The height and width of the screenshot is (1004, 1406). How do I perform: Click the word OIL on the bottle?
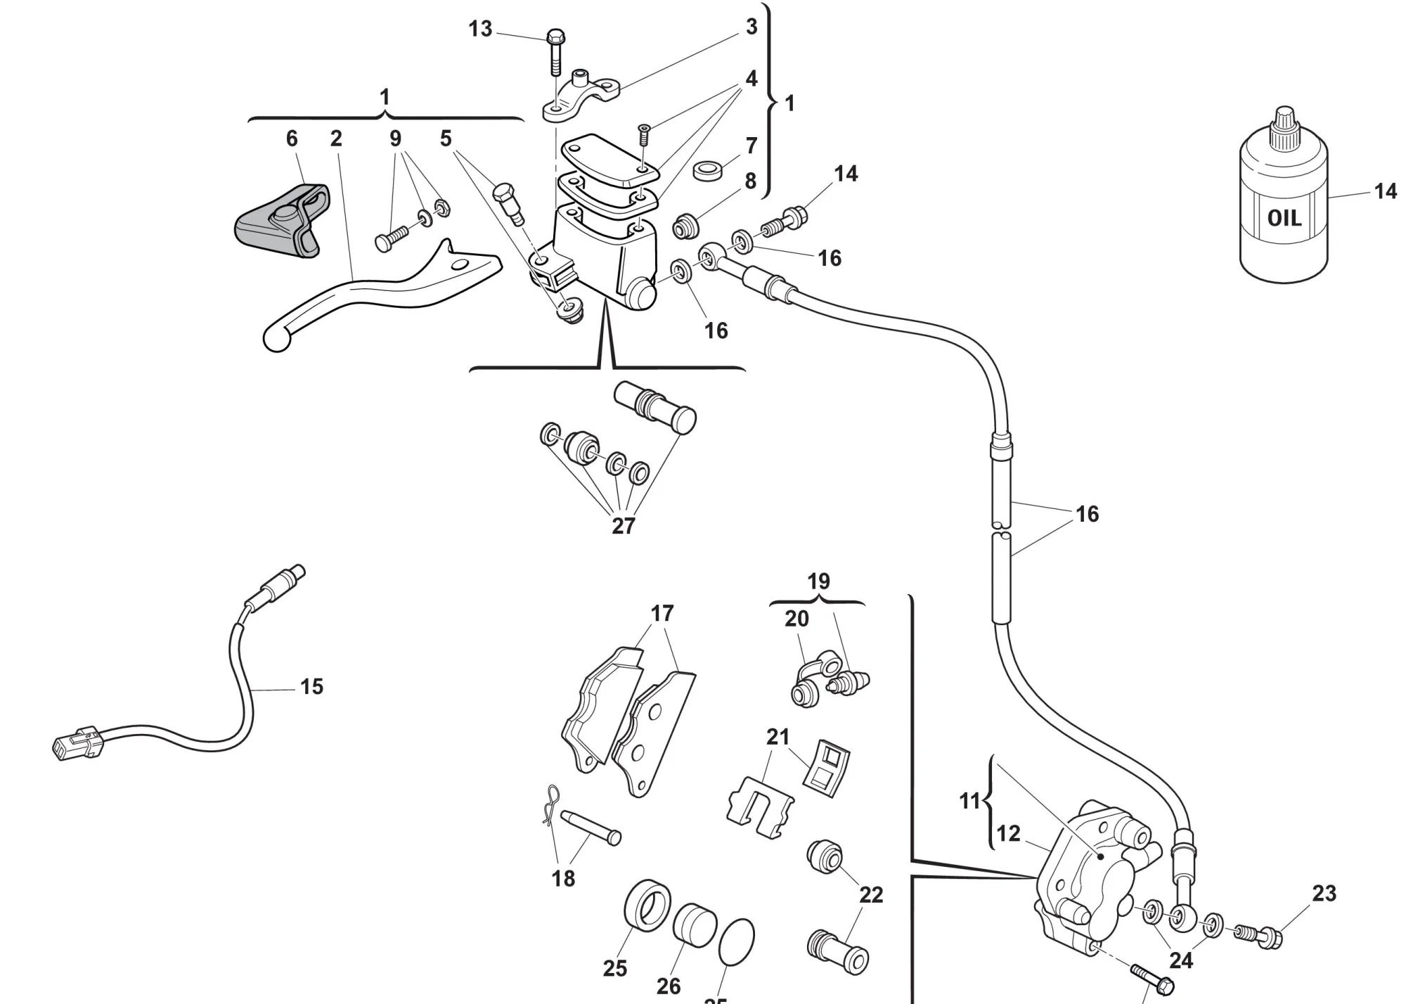coord(1284,218)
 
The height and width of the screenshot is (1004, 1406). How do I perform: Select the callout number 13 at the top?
coord(481,29)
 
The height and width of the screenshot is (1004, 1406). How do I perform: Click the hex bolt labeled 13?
coord(555,49)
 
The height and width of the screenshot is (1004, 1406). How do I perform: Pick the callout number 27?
coord(623,525)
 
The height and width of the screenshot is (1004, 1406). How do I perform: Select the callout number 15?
coord(311,686)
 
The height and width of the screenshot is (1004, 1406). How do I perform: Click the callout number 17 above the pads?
coord(662,613)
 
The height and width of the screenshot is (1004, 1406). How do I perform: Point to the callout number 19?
coord(818,581)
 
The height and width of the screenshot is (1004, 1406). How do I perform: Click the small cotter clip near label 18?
coord(553,802)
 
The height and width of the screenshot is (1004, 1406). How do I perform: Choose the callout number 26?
coord(668,986)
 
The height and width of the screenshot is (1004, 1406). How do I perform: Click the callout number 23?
coord(1324,893)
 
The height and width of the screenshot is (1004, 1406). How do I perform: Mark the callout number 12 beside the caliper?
coord(1008,833)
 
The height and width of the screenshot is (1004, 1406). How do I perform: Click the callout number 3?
coord(752,27)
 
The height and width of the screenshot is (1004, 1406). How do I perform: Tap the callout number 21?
coord(778,736)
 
